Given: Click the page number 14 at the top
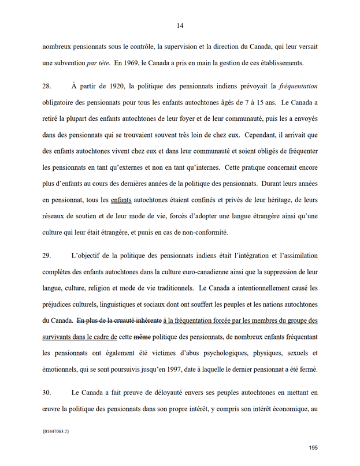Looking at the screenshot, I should pyautogui.click(x=180, y=25).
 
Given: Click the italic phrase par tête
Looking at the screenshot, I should pyautogui.click(x=98, y=62).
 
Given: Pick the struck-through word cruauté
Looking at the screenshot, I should pyautogui.click(x=128, y=320).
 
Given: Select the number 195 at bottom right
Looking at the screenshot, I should pyautogui.click(x=313, y=448).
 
